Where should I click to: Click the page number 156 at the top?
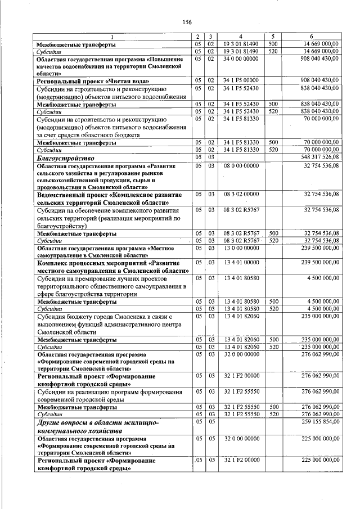pos(187,22)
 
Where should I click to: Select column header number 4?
pos(240,37)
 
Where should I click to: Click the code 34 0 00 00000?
pos(240,58)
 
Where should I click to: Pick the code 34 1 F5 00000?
pos(240,81)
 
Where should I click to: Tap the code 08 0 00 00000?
pos(240,166)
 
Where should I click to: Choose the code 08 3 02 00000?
pos(240,193)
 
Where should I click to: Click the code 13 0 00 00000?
pos(240,247)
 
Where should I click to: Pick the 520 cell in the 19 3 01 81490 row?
pos(273,51)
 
